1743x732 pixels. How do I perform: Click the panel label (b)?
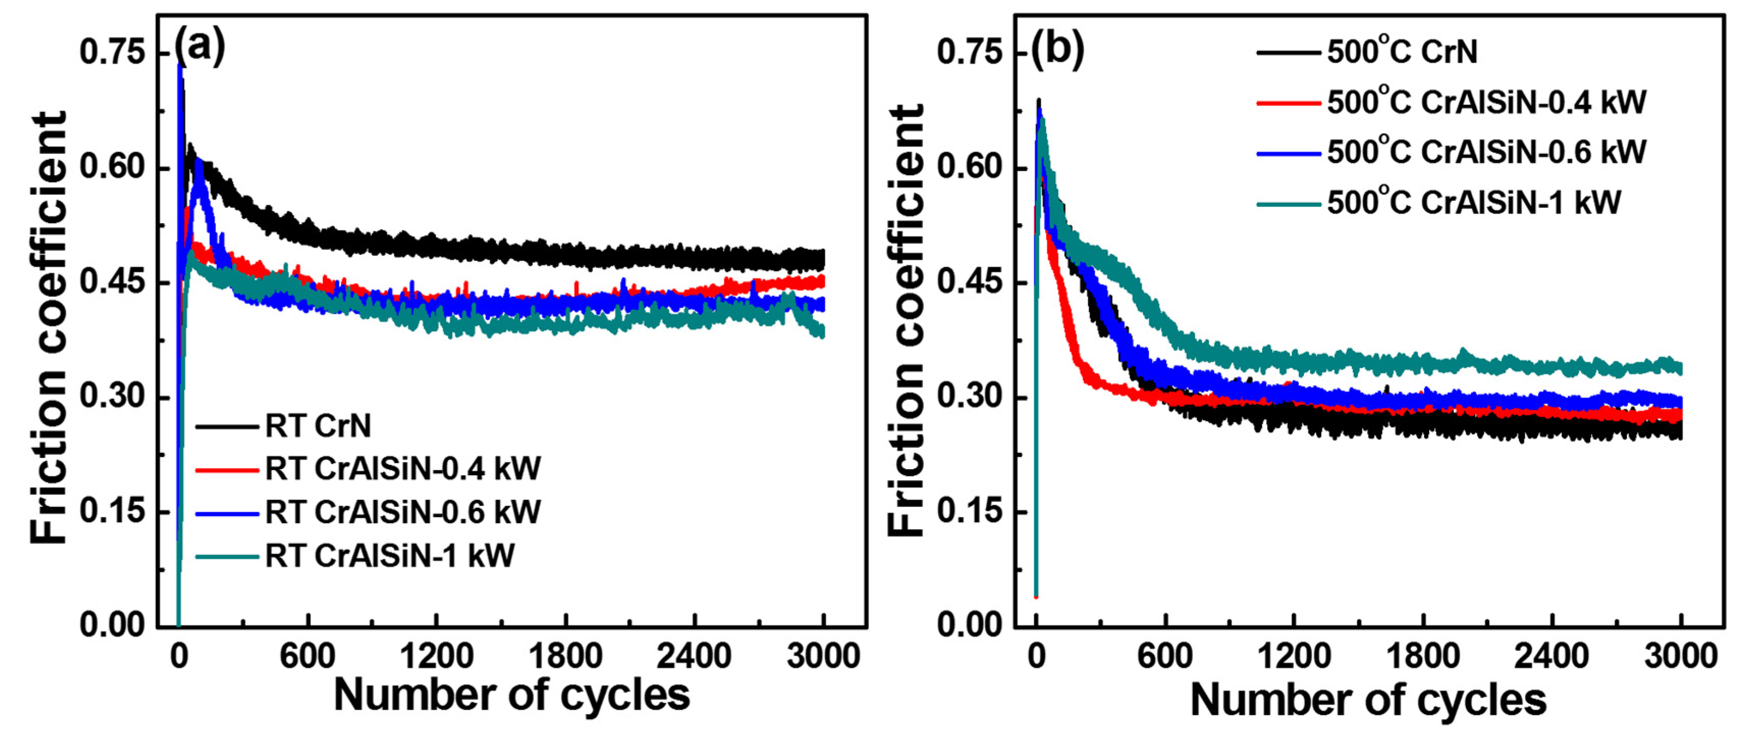coord(1057,49)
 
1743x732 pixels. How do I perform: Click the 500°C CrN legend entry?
coord(1402,52)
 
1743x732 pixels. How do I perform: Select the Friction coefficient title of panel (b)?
coord(905,321)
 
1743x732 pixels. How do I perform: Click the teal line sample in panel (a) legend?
coord(227,557)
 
